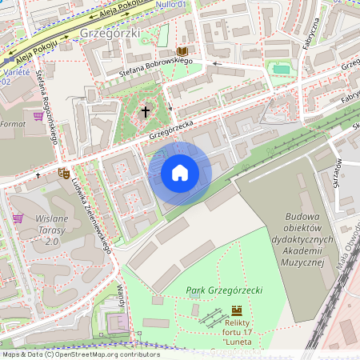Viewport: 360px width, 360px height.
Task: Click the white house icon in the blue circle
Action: click(179, 173)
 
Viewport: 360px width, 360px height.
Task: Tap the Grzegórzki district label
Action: click(110, 34)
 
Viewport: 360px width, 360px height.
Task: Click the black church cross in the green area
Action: click(146, 111)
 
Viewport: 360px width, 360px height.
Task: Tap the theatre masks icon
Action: click(64, 172)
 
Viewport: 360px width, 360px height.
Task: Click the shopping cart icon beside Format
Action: click(38, 116)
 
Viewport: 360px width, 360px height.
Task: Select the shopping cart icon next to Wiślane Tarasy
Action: click(18, 218)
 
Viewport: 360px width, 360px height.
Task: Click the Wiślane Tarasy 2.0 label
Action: click(52, 230)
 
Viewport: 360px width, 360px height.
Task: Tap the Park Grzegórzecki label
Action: click(223, 290)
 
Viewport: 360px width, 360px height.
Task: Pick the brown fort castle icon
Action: click(236, 310)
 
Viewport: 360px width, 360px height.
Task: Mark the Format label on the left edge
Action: click(14, 125)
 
